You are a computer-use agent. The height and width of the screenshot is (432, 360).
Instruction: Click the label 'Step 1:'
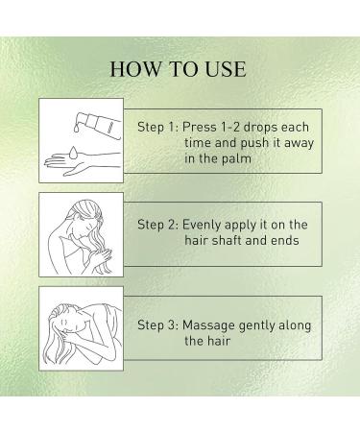pyautogui.click(x=157, y=127)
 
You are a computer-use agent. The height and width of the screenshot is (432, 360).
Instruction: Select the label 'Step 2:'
pyautogui.click(x=157, y=225)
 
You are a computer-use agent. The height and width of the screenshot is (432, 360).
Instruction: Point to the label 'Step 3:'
pyautogui.click(x=157, y=325)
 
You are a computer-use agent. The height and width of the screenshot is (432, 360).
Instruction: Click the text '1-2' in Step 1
pyautogui.click(x=230, y=127)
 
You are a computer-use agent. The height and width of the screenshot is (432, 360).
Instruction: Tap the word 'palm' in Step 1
pyautogui.click(x=236, y=158)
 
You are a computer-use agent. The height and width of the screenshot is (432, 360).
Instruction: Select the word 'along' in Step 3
pyautogui.click(x=295, y=325)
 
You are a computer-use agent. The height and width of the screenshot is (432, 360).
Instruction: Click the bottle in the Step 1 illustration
pyautogui.click(x=102, y=126)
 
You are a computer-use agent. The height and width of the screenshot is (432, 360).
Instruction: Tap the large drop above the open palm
pyautogui.click(x=73, y=153)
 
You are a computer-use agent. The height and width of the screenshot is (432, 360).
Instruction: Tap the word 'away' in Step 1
pyautogui.click(x=299, y=143)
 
